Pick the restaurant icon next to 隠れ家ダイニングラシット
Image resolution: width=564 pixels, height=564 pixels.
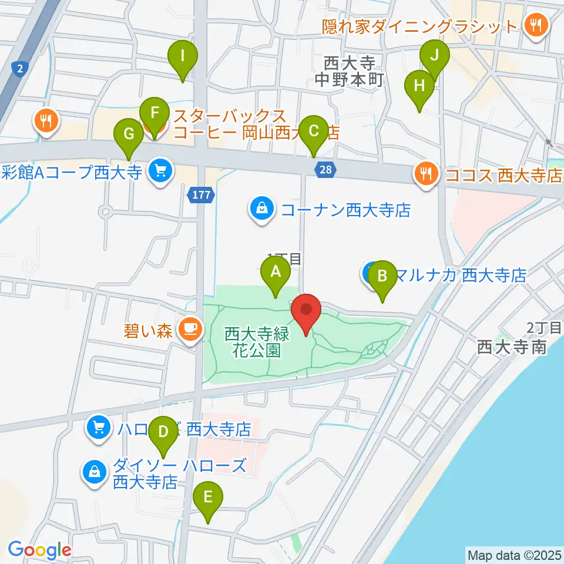click(x=536, y=25)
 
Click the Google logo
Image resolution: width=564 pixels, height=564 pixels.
click(x=39, y=550)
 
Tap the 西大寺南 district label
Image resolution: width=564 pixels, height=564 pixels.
click(x=512, y=347)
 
